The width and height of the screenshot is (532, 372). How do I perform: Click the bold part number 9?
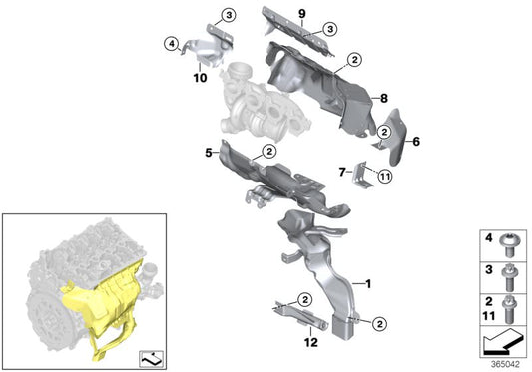point(302,14)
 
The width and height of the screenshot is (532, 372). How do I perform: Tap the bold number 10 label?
point(200,78)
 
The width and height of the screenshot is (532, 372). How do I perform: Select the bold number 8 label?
point(383,99)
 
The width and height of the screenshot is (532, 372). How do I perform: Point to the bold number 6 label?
point(416,141)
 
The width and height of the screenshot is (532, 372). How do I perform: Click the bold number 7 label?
point(342,172)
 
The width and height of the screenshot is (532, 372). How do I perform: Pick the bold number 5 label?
point(209,153)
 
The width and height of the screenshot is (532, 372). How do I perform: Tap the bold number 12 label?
point(311,342)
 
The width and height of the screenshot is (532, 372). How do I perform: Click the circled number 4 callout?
point(172,44)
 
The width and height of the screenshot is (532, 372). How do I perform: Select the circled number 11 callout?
point(384,176)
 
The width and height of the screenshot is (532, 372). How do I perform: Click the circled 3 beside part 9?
point(330,29)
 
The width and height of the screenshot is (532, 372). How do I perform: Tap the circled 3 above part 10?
point(229,15)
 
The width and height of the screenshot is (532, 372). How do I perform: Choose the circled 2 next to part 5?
point(269,152)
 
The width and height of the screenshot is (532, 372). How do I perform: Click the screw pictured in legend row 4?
point(508,245)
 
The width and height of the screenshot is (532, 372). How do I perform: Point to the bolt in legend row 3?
point(508,277)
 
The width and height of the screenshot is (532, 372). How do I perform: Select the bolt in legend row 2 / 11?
point(509,309)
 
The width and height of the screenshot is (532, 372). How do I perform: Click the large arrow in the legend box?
point(503,341)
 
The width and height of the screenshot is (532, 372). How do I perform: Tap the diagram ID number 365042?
point(505,365)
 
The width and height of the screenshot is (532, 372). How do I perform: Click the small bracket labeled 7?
point(361,174)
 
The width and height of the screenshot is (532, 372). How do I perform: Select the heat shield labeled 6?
point(393,137)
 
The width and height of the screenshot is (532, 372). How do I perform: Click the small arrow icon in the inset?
point(152,359)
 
